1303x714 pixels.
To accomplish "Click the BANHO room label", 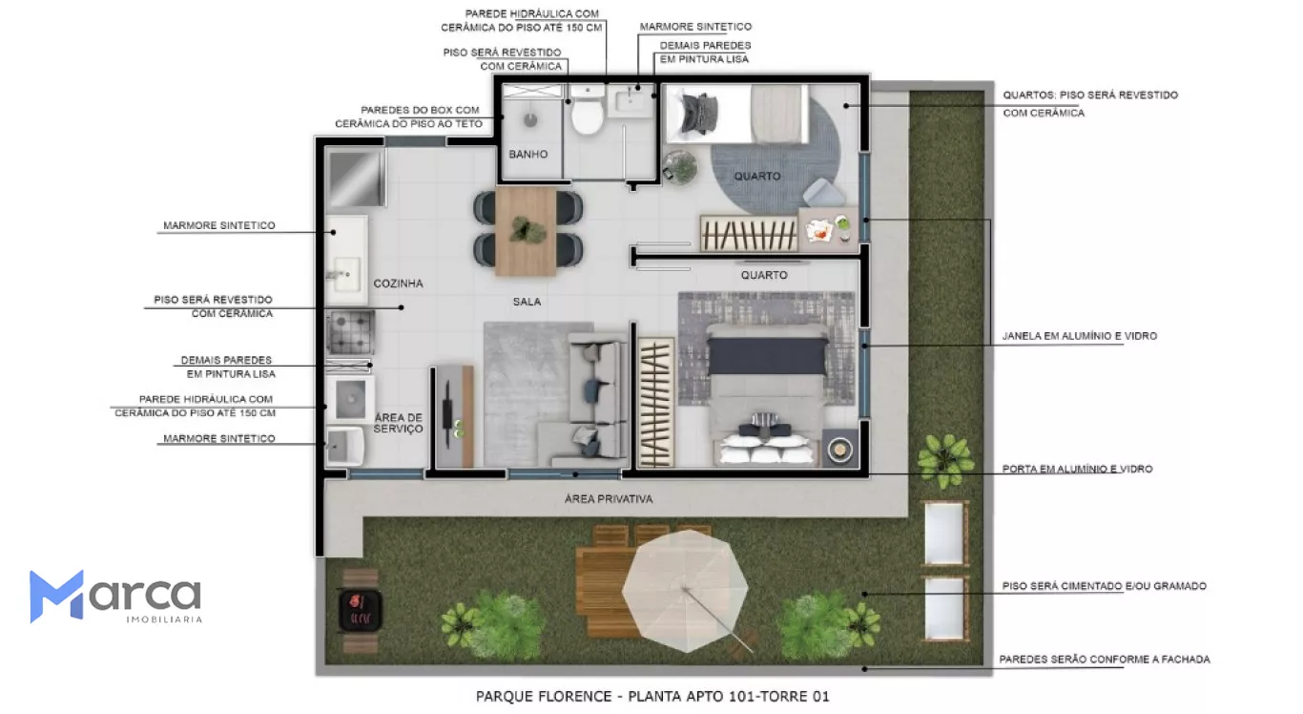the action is click(528, 155).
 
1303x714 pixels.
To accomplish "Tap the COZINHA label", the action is click(398, 283).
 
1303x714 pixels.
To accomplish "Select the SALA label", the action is click(527, 302).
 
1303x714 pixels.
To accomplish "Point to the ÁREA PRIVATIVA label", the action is click(609, 498).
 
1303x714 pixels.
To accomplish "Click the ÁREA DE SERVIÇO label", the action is click(399, 423).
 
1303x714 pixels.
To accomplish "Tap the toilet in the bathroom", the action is click(587, 111).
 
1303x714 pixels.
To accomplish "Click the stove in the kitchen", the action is click(350, 333).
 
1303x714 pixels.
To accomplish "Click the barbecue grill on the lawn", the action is click(360, 610).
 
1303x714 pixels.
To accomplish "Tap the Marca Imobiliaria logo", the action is click(115, 597).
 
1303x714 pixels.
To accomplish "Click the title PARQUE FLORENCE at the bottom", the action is click(544, 697).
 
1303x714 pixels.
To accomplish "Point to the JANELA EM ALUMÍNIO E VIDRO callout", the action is click(1080, 336).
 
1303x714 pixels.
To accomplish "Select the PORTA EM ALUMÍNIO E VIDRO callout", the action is click(1077, 469).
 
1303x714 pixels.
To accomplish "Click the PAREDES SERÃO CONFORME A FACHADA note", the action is click(1105, 660).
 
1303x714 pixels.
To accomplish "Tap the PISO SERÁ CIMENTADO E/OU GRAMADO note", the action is click(1104, 586).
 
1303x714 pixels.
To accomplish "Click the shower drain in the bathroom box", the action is click(530, 120).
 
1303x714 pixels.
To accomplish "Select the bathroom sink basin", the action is click(630, 101).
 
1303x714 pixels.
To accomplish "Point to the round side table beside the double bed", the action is click(839, 449).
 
